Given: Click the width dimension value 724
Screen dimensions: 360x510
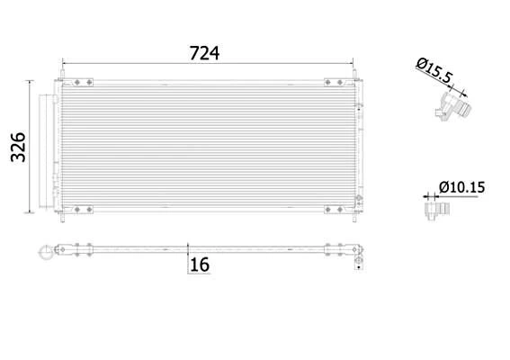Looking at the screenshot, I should [204, 52].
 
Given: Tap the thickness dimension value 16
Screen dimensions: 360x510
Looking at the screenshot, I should [199, 265].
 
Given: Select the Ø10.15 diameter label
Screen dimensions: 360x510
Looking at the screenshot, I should [462, 187].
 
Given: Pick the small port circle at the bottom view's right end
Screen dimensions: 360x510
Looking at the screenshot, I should [359, 264].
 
